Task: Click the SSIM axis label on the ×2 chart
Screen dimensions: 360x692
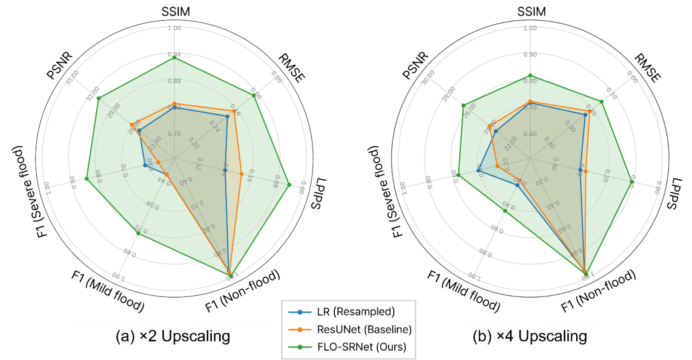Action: [176, 12]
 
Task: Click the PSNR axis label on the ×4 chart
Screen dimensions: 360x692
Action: [415, 65]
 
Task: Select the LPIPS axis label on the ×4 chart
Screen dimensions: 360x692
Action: [674, 193]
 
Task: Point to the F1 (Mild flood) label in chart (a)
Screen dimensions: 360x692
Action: [108, 291]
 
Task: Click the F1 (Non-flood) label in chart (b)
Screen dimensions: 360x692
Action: [598, 291]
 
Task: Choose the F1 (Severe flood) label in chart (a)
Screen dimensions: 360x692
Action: [28, 192]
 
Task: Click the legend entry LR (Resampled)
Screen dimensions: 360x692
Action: [356, 312]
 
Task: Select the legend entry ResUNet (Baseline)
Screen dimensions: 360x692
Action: [364, 330]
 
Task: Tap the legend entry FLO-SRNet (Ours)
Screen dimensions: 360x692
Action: [361, 347]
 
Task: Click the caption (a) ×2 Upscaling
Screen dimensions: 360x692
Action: [173, 336]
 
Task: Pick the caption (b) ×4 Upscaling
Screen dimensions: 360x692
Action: [530, 336]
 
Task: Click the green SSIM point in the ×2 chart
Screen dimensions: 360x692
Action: [174, 58]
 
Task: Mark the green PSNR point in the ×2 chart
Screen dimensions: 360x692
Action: [99, 98]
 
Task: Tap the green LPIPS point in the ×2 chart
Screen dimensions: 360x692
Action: [289, 185]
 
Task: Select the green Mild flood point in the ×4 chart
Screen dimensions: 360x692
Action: [505, 211]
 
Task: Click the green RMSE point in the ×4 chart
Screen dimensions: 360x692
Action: [602, 101]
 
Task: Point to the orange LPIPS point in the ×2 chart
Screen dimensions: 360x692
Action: [242, 174]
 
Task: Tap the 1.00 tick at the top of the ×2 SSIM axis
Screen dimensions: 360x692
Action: [174, 28]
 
